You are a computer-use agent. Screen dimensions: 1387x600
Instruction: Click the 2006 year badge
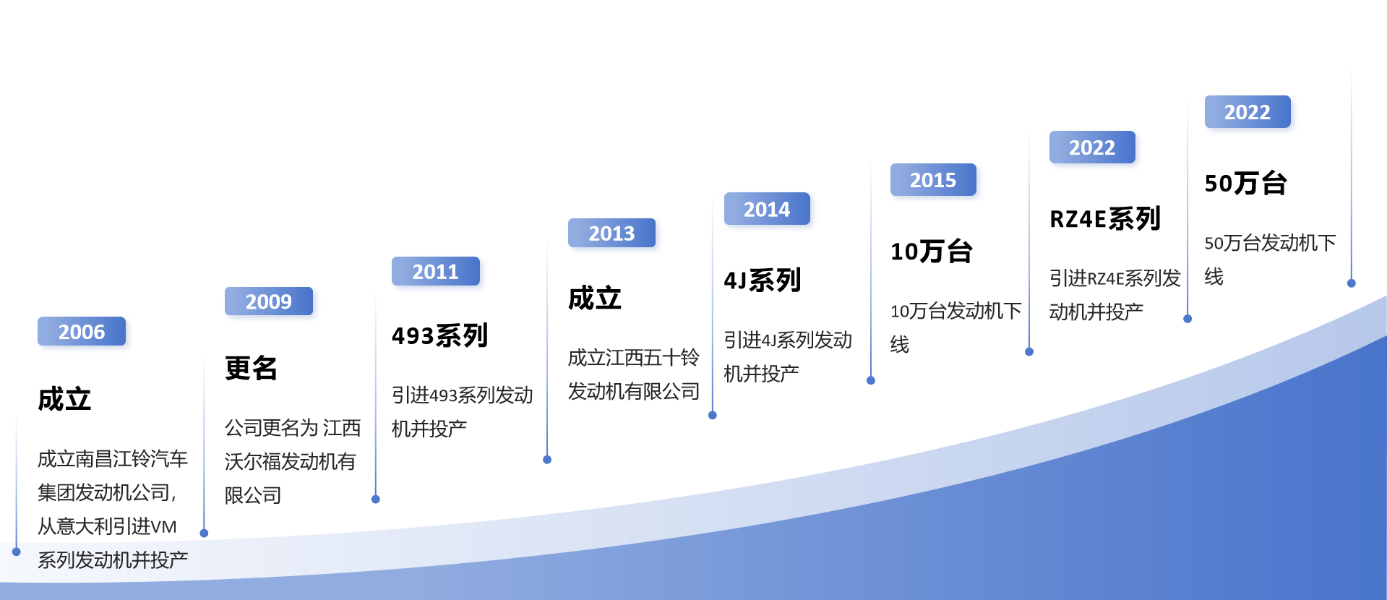click(x=82, y=331)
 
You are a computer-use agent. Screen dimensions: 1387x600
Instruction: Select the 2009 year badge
click(x=269, y=301)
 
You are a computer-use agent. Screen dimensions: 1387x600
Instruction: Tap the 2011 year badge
click(x=436, y=271)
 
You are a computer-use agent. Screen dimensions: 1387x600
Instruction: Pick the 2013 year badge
click(x=611, y=233)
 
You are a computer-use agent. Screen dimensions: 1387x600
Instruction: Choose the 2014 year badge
click(x=767, y=209)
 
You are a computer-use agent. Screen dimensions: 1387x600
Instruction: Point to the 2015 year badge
click(x=933, y=180)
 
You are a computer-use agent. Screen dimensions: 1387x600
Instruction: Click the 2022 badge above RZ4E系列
click(x=1092, y=147)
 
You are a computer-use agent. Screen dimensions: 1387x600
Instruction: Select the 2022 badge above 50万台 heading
click(x=1248, y=112)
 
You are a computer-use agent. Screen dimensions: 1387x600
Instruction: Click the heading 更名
click(x=252, y=368)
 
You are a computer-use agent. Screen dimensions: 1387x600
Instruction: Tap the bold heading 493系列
click(x=440, y=335)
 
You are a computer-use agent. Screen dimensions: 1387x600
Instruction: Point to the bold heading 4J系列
click(x=763, y=280)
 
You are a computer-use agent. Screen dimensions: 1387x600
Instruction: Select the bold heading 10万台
click(x=932, y=251)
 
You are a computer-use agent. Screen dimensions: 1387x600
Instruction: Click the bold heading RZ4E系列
click(x=1105, y=218)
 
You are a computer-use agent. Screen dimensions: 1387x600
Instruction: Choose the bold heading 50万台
click(x=1245, y=183)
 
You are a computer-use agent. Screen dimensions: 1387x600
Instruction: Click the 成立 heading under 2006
click(x=64, y=399)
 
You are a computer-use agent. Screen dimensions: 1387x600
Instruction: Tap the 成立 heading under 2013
click(x=595, y=298)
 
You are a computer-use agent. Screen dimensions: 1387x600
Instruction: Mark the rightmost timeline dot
click(x=1352, y=283)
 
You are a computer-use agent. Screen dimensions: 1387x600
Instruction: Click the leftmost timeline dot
click(x=17, y=552)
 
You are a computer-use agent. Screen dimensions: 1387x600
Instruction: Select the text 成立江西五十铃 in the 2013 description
click(x=634, y=357)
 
